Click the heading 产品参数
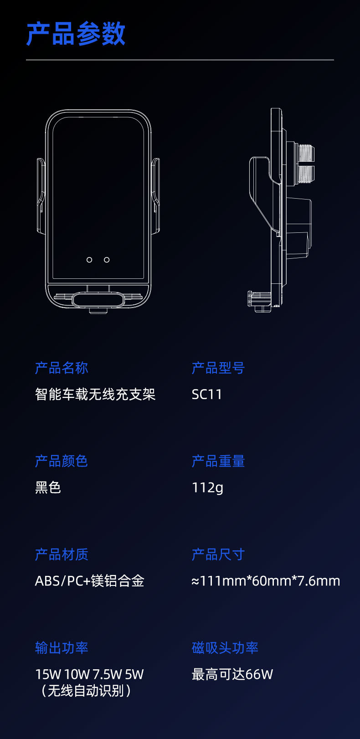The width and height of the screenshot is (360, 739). (76, 34)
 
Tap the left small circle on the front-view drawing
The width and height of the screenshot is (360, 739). (89, 260)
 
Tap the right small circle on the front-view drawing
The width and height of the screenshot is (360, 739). (107, 260)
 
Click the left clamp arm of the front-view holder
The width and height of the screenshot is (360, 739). (41, 196)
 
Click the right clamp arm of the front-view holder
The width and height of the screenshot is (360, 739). (155, 196)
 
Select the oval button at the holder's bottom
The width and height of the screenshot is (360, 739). (98, 300)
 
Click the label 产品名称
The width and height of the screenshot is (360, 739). (62, 368)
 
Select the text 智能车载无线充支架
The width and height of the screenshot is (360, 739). (95, 394)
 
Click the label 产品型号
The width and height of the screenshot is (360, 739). (218, 368)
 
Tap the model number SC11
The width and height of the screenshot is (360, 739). (207, 394)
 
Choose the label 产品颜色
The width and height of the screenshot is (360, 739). (62, 461)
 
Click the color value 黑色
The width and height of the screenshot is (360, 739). (48, 488)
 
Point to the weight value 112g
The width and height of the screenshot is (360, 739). (207, 488)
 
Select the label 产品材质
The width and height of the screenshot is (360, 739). (62, 554)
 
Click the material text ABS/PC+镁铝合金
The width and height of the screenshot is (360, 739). (90, 581)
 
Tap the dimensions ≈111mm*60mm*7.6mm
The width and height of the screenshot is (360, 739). (266, 581)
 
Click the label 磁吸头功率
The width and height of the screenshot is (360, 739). (225, 648)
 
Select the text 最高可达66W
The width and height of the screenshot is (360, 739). (232, 674)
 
